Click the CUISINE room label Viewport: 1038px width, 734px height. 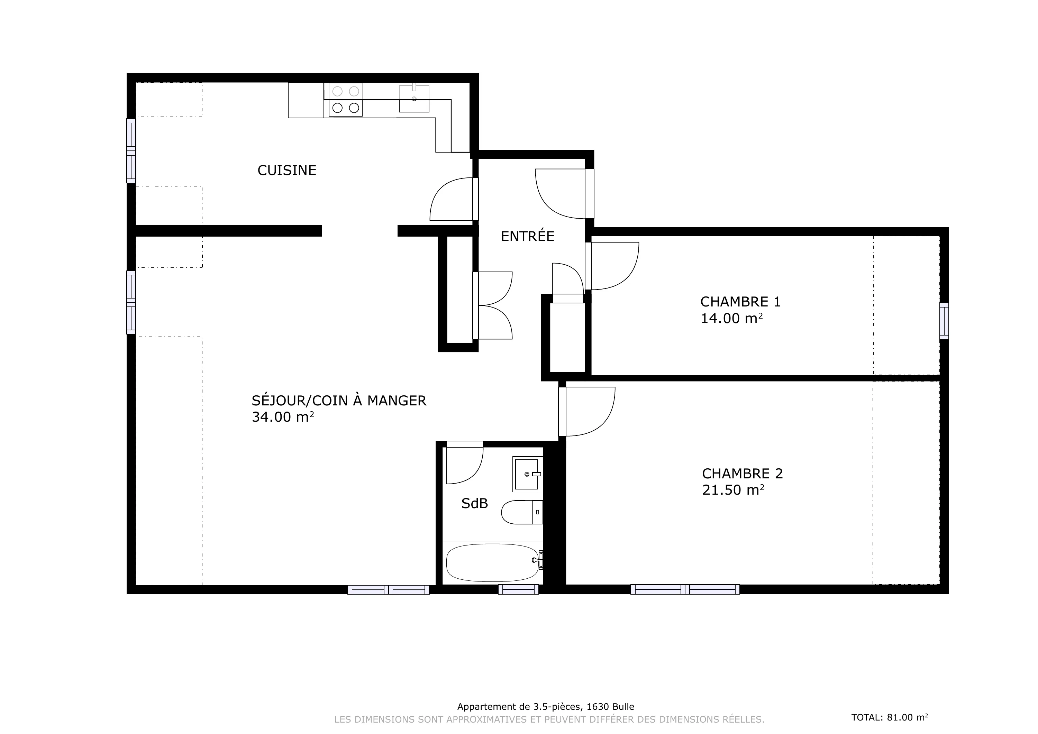click(286, 171)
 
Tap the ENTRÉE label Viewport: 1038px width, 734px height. click(527, 236)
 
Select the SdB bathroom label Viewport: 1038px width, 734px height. click(474, 504)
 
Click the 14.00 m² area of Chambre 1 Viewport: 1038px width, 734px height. click(731, 319)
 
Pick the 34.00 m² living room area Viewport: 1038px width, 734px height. click(283, 417)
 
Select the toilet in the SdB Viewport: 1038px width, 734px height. click(522, 512)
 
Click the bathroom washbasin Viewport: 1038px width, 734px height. click(528, 474)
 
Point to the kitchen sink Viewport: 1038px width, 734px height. click(414, 98)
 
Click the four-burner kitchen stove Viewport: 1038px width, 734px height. click(345, 99)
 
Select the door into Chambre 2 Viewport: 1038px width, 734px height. click(587, 411)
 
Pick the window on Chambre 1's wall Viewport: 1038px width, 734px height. click(944, 321)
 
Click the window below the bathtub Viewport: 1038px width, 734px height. click(519, 589)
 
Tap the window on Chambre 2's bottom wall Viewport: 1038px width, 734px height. click(685, 589)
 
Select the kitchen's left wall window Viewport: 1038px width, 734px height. click(131, 151)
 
